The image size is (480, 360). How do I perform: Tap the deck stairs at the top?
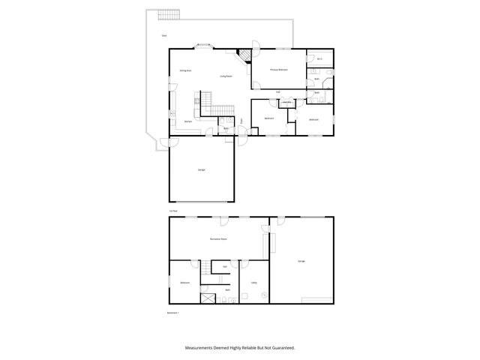[169, 16]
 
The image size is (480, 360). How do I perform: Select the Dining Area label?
[184, 70]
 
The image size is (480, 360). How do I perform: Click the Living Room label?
[225, 76]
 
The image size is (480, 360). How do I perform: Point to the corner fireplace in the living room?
[244, 56]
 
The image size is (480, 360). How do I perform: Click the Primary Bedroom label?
[279, 70]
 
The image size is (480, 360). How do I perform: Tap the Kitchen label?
[188, 121]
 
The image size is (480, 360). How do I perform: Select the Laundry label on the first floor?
[286, 102]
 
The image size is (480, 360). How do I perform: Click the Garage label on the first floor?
[201, 171]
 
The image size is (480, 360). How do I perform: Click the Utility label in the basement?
[253, 283]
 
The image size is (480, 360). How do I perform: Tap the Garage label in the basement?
[301, 261]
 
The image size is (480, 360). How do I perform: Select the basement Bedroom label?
[184, 283]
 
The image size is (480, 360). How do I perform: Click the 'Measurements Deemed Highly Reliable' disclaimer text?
[239, 348]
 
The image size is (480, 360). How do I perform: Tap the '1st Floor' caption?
[172, 211]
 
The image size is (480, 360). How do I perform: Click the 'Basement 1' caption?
[173, 312]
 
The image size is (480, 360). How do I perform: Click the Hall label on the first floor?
[277, 92]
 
